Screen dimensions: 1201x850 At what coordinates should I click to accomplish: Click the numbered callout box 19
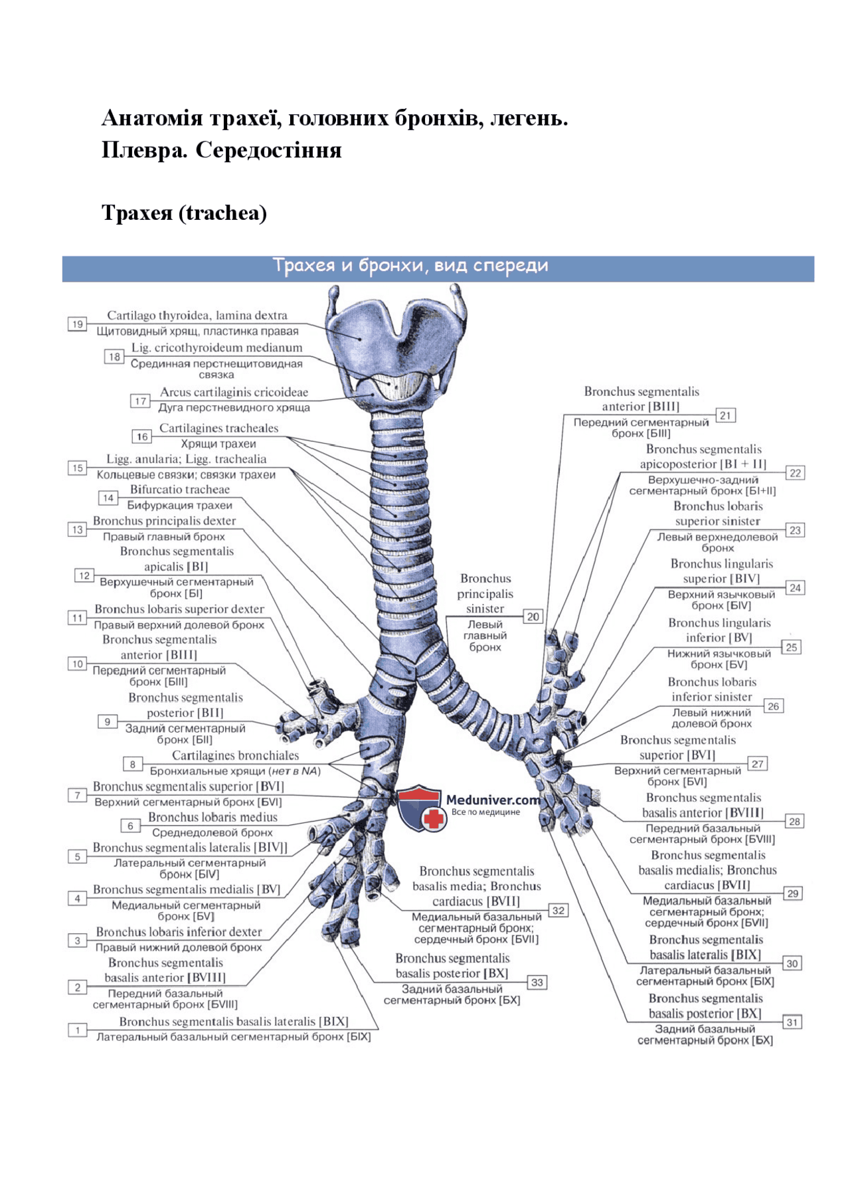78,324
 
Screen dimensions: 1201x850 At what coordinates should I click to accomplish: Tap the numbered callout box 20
533,616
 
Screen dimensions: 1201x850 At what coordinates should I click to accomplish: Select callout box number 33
537,982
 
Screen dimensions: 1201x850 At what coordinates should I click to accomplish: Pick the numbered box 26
773,706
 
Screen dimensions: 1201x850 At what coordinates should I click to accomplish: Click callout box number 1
78,1030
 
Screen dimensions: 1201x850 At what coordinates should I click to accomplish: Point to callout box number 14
108,498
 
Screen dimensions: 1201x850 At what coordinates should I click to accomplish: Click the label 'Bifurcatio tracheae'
179,490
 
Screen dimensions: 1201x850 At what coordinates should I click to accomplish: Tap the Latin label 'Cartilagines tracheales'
218,428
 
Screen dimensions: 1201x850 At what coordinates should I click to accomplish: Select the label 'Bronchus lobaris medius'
212,817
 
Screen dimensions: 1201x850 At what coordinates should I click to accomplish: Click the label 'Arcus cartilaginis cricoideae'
234,393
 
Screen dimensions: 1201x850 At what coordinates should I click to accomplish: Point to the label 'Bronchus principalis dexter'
164,521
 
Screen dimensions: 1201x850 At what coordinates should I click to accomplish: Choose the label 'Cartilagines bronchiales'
235,755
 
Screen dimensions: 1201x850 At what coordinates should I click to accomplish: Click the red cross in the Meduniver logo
434,818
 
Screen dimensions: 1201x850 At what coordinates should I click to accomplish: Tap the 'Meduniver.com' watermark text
493,800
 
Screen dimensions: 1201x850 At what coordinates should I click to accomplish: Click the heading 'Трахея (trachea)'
184,213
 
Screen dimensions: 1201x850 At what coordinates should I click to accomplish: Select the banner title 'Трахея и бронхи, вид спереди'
410,266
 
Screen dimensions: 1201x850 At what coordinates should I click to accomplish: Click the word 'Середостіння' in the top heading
268,150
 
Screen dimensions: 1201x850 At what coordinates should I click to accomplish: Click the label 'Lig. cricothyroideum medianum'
216,347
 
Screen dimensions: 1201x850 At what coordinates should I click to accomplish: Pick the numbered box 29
793,893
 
